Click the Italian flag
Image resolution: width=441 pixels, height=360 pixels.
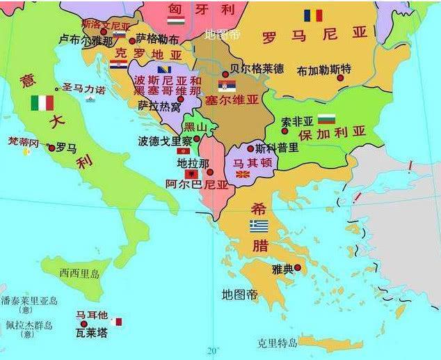click(42, 103)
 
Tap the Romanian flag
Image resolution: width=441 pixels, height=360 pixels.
click(312, 15)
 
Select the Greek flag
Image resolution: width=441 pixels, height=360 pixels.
click(259, 226)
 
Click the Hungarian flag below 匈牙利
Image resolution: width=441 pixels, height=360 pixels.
click(175, 22)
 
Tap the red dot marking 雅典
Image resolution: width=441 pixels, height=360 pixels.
click(298, 267)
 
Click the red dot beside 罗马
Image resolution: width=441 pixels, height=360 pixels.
click(51, 148)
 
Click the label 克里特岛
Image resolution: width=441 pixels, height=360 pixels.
click(277, 343)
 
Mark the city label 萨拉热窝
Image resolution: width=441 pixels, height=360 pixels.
click(159, 106)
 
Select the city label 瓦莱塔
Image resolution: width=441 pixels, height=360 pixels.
click(92, 334)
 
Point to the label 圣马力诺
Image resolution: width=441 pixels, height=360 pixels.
click(83, 89)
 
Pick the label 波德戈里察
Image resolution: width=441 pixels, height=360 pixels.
click(165, 140)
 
